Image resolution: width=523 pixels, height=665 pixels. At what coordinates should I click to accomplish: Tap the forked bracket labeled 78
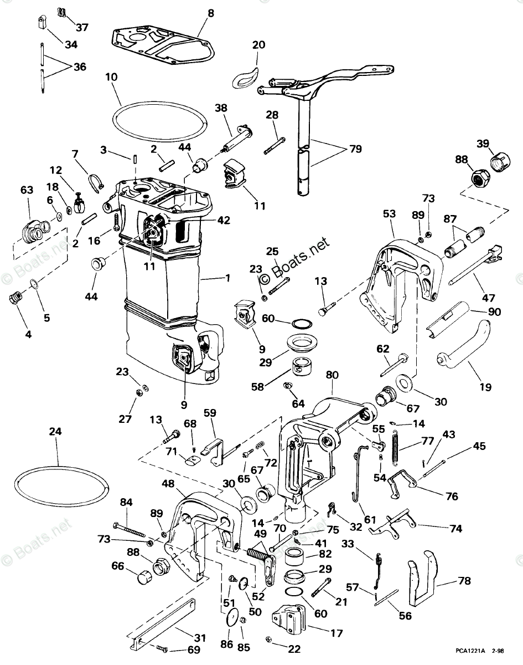click(423, 579)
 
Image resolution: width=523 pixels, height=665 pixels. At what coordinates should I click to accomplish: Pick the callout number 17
click(336, 633)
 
